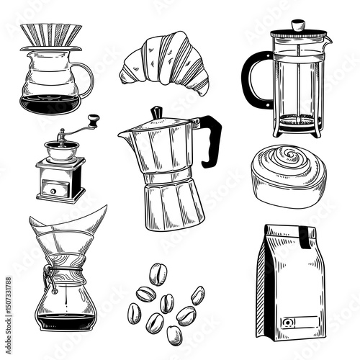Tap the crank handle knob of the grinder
pyautogui.click(x=92, y=118)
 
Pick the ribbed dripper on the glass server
pyautogui.click(x=50, y=36)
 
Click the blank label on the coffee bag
pyautogui.click(x=302, y=321)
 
